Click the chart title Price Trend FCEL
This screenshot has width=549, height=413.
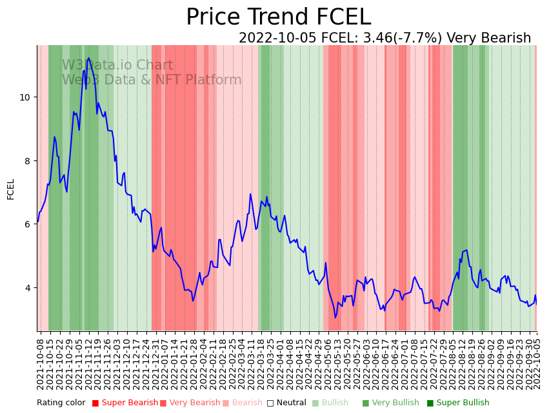point(278,17)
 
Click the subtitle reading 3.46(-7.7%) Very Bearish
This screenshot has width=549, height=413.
point(384,38)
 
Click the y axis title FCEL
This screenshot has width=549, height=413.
point(11,189)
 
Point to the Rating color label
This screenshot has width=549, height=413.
point(61,403)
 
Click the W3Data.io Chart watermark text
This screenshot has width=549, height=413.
point(117,65)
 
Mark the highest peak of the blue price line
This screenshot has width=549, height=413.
point(88,58)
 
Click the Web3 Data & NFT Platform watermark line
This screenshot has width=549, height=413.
point(152,80)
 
